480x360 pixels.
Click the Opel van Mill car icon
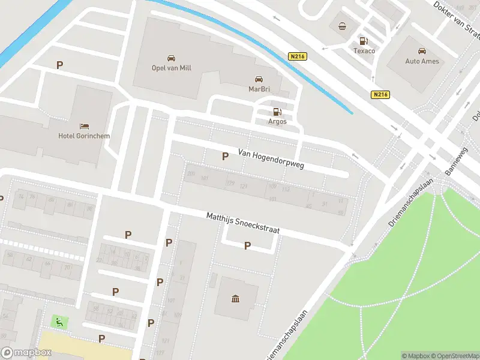171,58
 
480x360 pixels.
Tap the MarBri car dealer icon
259,79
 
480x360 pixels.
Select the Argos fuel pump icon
277,111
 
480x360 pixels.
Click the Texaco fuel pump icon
363,41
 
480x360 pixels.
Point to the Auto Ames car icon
422,51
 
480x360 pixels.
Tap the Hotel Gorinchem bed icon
85,125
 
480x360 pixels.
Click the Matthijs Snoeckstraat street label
242,224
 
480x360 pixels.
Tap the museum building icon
234,298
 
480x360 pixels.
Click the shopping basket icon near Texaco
342,26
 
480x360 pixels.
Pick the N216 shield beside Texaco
296,56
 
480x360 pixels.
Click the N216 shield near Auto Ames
379,94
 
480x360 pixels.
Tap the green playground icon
59,322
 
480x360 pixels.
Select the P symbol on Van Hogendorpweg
225,157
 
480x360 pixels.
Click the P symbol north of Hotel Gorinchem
59,65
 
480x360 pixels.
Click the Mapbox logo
26,353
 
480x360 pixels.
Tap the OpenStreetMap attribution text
455,356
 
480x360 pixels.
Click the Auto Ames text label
422,61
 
